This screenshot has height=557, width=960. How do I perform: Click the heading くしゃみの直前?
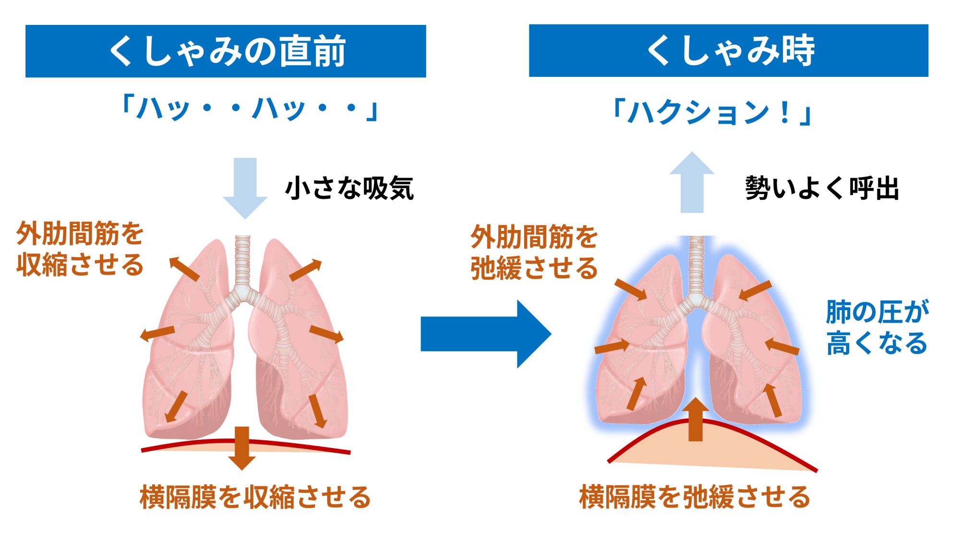(x=226, y=51)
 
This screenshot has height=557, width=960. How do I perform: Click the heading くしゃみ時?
(x=729, y=50)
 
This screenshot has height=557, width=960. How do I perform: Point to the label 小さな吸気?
(x=349, y=188)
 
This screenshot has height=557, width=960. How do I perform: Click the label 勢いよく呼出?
(x=822, y=188)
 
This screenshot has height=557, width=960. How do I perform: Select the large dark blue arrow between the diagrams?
(x=485, y=334)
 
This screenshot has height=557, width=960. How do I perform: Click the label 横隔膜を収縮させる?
(x=255, y=497)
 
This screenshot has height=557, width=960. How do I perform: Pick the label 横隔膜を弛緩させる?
(x=695, y=497)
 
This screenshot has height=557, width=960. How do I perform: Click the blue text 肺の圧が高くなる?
(x=876, y=327)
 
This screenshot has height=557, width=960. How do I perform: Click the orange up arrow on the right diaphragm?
(x=696, y=420)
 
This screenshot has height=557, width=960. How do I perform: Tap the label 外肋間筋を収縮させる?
(x=80, y=249)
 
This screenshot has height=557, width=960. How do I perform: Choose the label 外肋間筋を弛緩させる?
(x=534, y=252)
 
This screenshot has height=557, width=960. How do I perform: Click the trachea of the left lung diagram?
(x=242, y=262)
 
